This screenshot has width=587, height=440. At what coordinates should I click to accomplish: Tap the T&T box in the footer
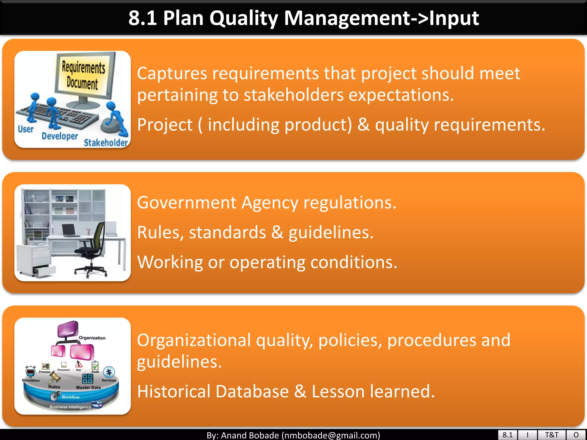click(x=551, y=435)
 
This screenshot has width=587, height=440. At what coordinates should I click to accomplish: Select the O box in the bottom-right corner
click(x=576, y=435)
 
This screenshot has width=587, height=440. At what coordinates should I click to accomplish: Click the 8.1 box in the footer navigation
click(x=507, y=435)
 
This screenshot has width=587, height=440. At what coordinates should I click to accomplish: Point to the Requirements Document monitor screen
click(x=83, y=75)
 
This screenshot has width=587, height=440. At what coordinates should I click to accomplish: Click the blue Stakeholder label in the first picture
click(x=105, y=142)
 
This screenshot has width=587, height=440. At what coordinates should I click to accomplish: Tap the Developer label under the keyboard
click(x=60, y=136)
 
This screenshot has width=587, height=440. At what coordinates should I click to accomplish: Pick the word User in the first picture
click(x=26, y=129)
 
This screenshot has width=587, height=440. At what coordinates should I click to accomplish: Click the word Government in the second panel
click(x=187, y=203)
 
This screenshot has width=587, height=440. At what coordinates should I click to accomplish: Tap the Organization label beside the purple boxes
click(x=92, y=338)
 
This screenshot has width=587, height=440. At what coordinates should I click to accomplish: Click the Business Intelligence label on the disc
click(x=70, y=407)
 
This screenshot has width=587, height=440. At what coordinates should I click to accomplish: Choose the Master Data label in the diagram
click(x=88, y=388)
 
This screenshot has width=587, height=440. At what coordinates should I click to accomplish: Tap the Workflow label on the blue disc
click(x=71, y=397)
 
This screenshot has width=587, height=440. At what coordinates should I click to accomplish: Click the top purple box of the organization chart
click(x=68, y=329)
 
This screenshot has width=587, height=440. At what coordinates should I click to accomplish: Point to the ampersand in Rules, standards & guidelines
click(x=277, y=232)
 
